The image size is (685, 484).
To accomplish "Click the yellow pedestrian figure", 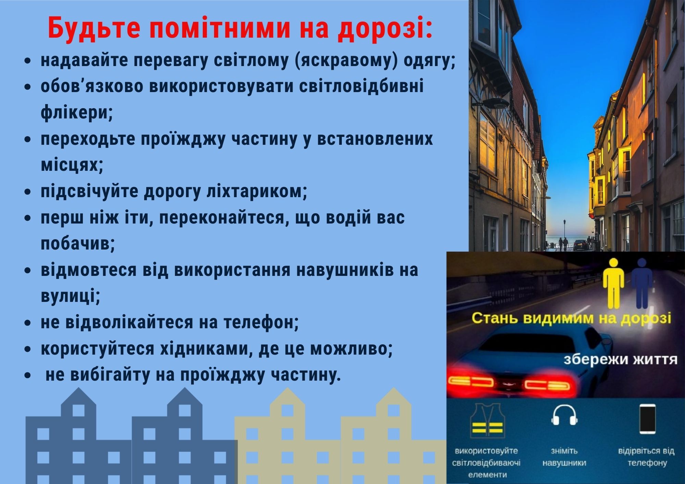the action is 613,283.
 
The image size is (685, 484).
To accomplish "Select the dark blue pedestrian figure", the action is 642,283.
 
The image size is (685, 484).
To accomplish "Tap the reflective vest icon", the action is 486,423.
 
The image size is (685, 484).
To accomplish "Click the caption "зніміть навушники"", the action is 564,457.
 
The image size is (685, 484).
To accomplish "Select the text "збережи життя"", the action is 620,360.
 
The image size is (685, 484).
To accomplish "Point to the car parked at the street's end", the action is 580,245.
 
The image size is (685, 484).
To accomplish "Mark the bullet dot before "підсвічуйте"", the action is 28,192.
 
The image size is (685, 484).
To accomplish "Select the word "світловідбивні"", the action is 361,86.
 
